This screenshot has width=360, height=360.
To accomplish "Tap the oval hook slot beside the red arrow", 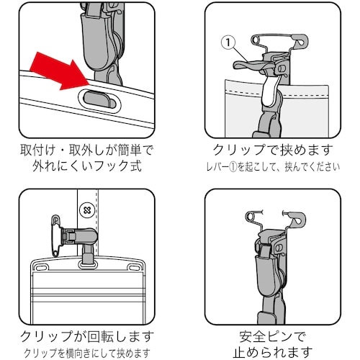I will (99, 99).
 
